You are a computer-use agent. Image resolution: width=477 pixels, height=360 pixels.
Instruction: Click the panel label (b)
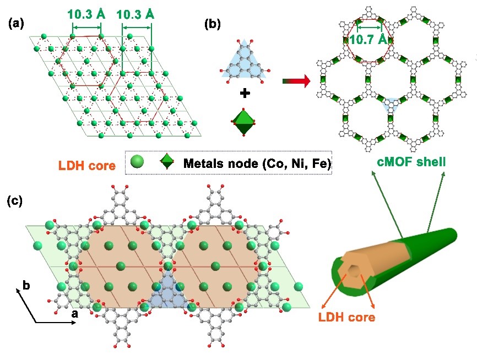213,24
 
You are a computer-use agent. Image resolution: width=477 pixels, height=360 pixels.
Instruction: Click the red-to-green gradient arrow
296,81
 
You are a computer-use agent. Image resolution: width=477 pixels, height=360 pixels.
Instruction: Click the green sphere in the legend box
138,163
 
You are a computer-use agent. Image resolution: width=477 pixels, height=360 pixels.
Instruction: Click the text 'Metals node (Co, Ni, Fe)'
256,163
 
